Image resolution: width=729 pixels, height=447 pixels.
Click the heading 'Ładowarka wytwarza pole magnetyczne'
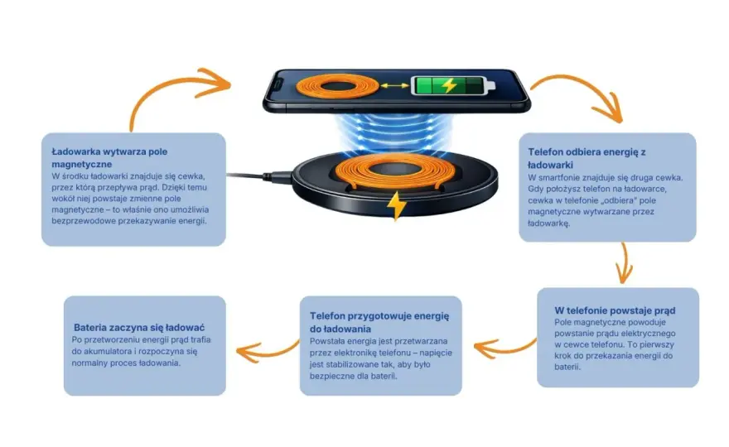[109, 157]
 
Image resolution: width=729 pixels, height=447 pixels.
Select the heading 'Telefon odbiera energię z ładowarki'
[587, 158]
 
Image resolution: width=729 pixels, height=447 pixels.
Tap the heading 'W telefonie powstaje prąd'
[615, 310]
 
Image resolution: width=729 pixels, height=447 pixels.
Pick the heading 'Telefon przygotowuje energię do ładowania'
[379, 322]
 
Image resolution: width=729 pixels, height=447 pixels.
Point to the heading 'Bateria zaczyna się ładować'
[139, 328]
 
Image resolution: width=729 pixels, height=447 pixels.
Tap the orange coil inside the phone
[338, 86]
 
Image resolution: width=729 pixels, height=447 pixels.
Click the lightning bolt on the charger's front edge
[396, 205]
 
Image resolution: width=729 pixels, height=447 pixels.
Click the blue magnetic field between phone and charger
[394, 132]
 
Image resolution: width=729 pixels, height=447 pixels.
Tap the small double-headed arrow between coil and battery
[394, 86]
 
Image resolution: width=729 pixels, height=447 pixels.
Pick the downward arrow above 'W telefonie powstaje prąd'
[625, 263]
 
